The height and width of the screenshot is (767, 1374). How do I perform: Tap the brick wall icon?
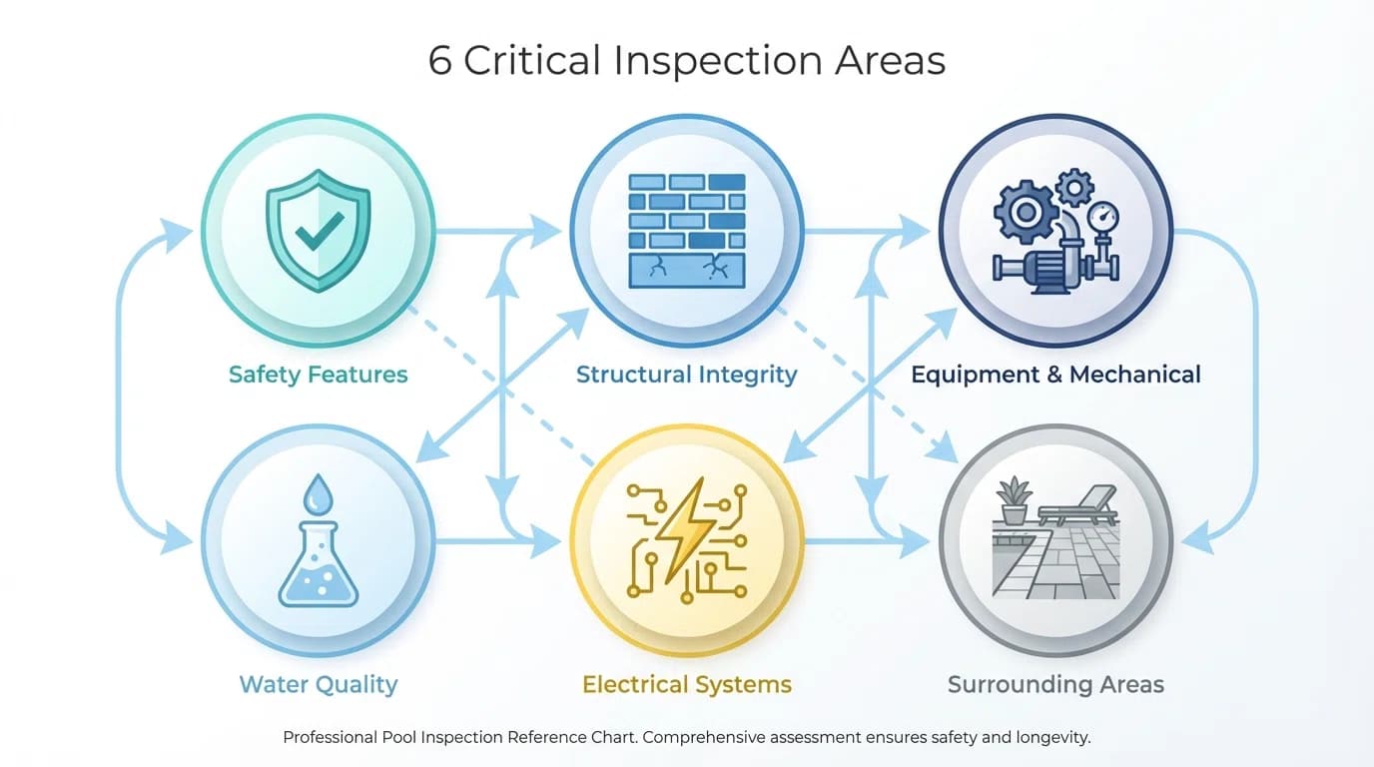[x=686, y=231]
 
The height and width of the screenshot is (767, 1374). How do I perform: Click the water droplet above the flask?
[x=317, y=492]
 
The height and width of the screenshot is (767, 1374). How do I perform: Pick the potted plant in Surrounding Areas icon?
[x=1014, y=500]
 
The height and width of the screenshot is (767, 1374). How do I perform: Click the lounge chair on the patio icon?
[x=1078, y=505]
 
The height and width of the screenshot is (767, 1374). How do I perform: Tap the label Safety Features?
[x=318, y=375]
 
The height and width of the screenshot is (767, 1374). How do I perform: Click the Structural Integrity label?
[x=686, y=375]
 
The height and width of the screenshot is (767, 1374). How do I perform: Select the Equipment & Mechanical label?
[x=1055, y=375]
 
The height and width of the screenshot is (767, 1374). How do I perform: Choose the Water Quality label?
[x=318, y=684]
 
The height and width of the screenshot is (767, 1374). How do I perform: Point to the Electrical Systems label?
[x=686, y=684]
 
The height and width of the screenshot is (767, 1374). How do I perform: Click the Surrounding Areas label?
[x=1055, y=684]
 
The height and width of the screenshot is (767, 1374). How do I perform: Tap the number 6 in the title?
[x=439, y=61]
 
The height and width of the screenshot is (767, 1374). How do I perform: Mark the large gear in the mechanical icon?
[x=1023, y=212]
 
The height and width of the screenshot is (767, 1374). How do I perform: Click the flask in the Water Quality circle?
[x=317, y=569]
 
